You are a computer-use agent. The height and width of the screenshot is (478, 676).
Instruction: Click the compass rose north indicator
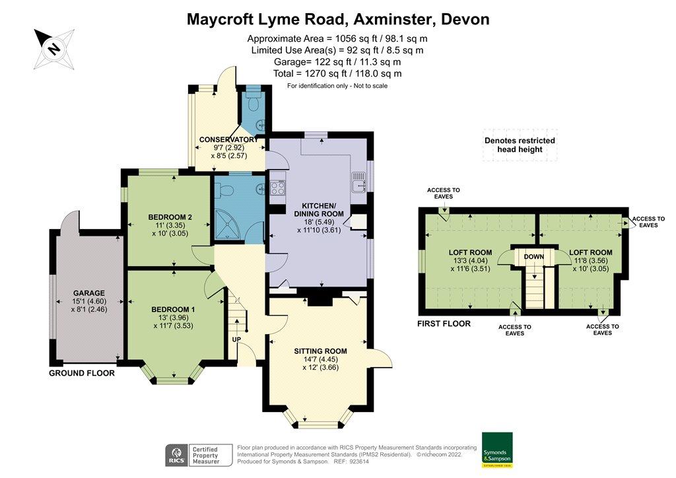(x=52, y=48)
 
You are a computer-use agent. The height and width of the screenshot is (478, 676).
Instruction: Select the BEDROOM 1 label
(x=172, y=310)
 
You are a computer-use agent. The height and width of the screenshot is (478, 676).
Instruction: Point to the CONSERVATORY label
(x=228, y=139)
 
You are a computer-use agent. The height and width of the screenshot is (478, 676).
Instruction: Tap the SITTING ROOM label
(x=320, y=351)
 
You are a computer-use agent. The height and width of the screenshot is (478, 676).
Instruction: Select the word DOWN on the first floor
(x=533, y=256)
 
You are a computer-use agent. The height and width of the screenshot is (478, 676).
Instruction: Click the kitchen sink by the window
(x=358, y=180)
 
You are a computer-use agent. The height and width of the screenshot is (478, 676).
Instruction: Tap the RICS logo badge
(x=176, y=455)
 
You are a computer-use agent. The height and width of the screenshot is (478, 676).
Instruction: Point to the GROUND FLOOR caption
(x=82, y=373)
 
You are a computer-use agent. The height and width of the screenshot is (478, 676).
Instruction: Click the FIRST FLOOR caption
(x=444, y=324)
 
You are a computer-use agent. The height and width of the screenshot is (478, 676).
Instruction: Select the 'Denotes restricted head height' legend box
(x=520, y=145)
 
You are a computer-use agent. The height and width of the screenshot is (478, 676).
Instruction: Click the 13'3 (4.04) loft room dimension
(x=470, y=260)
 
